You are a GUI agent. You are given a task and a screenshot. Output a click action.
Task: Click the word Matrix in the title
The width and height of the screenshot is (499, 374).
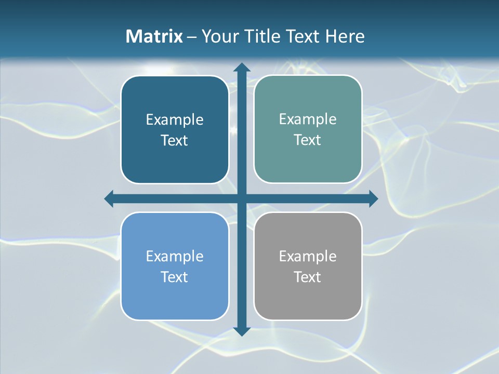[x=154, y=36]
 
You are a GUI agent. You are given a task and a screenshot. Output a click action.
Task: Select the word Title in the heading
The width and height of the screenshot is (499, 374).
[x=261, y=36]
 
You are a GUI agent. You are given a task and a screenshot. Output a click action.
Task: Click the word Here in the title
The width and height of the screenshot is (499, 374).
[x=345, y=36]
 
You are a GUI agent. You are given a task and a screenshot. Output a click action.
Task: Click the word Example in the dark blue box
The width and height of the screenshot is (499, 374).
[x=175, y=120]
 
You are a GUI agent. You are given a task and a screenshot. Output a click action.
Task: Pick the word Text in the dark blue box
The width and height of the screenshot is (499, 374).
[x=175, y=141]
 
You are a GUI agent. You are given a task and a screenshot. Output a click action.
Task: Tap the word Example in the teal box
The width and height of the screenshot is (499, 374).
[x=308, y=119]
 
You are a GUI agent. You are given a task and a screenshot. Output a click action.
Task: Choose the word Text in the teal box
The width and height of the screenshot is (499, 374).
[x=308, y=140]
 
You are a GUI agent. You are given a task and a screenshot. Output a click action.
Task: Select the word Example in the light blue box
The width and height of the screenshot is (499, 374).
[x=175, y=257]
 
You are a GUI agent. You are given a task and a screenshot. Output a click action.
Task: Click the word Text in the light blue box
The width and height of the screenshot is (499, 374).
[x=175, y=277]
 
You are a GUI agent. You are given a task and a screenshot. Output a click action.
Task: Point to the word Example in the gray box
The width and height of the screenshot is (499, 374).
[x=308, y=257]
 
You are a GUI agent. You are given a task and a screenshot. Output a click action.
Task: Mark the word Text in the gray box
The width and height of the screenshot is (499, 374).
[x=308, y=277]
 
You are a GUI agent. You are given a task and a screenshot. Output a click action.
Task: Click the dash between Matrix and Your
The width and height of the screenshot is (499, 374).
[x=192, y=37]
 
